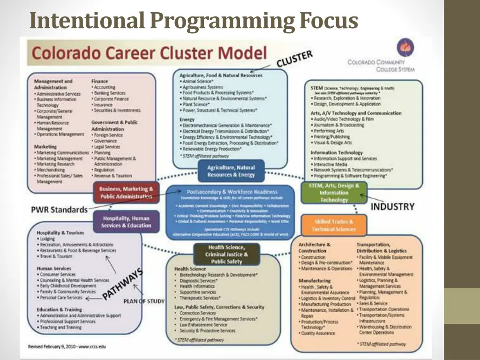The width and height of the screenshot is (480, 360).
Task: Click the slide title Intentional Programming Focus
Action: tap(193, 21)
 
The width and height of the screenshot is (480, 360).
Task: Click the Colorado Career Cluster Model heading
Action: tap(149, 53)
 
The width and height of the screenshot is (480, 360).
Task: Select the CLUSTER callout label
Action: tap(294, 60)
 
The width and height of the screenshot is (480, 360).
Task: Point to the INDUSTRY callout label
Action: tap(393, 206)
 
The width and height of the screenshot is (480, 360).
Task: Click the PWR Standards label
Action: tap(60, 210)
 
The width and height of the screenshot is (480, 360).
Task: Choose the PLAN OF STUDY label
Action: tap(144, 301)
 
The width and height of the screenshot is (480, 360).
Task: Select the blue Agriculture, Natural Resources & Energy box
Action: tap(231, 171)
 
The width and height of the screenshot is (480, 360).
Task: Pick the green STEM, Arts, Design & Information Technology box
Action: tap(334, 193)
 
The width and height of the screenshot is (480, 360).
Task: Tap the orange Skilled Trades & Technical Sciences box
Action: tap(334, 225)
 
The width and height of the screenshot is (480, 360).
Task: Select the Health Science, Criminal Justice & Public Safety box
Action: tap(227, 254)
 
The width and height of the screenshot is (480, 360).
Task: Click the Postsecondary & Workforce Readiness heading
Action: tap(232, 192)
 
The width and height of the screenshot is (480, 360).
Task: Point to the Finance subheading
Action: tap(99, 81)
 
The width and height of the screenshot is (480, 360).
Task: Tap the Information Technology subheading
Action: tap(337, 152)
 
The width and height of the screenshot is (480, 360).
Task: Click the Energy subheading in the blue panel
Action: tap(187, 120)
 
